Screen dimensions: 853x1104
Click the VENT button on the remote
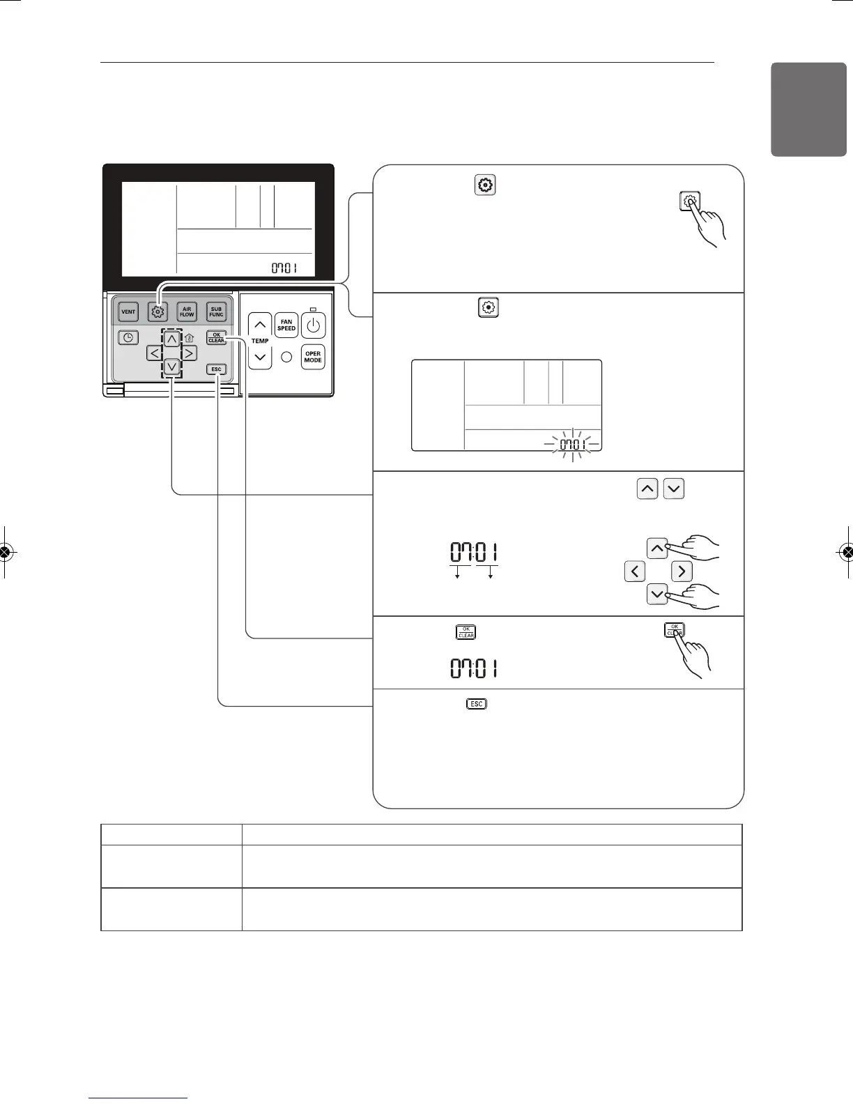(128, 312)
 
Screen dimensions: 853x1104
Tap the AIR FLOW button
(187, 312)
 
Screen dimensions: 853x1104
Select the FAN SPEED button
(286, 325)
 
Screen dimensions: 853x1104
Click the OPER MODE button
(313, 357)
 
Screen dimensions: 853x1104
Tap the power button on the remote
(313, 325)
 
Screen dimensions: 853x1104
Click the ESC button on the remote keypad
(216, 369)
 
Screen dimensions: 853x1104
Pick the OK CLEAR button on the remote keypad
(216, 337)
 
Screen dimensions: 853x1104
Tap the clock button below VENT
(128, 338)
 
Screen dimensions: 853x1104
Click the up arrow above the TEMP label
(260, 325)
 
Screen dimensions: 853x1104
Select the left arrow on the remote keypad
(155, 353)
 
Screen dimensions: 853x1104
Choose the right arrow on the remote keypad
(189, 353)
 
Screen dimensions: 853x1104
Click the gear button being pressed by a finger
(689, 201)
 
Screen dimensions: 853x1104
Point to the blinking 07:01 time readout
(572, 444)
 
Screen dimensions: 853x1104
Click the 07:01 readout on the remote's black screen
(284, 268)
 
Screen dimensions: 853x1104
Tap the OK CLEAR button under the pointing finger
(674, 630)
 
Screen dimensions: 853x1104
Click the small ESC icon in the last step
(476, 704)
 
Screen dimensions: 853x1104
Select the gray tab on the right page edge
(808, 109)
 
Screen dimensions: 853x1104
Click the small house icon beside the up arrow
(188, 339)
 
